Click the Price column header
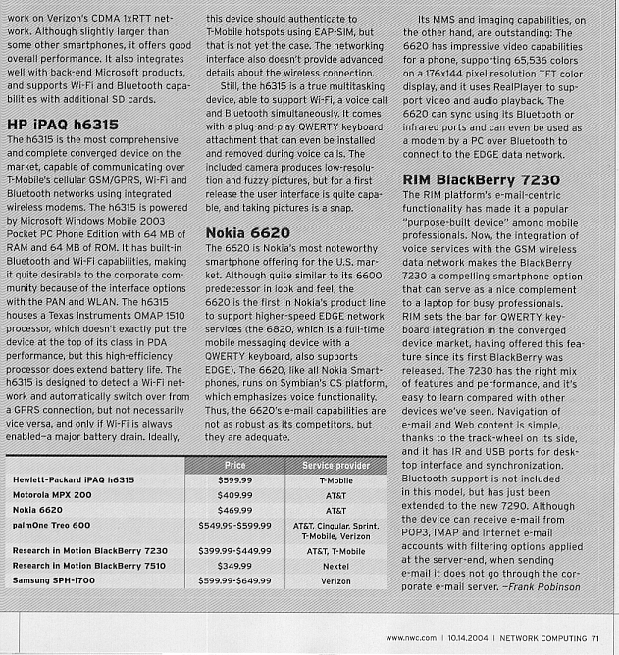click(233, 463)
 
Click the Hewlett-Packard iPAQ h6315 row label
click(74, 479)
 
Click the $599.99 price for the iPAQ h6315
click(233, 479)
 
